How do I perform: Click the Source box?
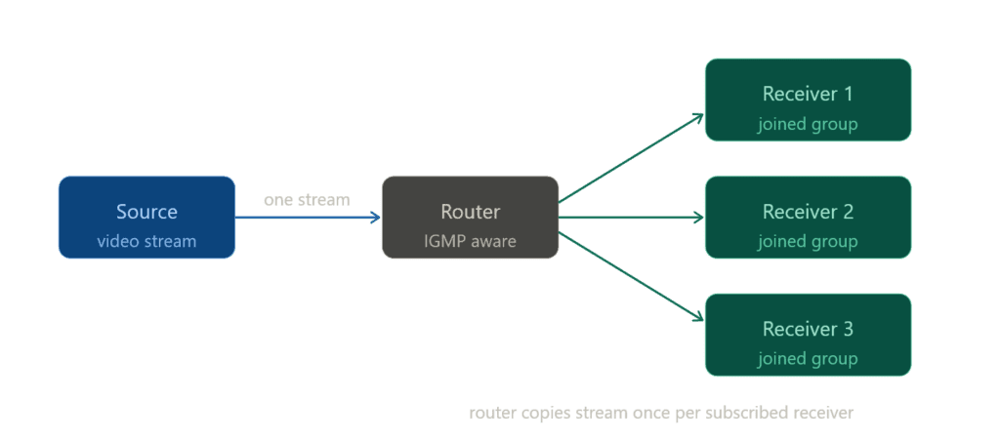[146, 218]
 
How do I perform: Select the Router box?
[470, 218]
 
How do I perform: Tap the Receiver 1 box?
[808, 100]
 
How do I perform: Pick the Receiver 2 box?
[808, 217]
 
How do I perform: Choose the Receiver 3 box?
[808, 335]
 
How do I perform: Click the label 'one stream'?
[307, 199]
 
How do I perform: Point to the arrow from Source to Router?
[308, 218]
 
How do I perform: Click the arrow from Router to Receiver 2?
[631, 218]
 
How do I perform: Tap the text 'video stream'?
[146, 241]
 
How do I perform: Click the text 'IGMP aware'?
[470, 241]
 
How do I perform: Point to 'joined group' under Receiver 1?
[808, 125]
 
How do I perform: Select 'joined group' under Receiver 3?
[808, 359]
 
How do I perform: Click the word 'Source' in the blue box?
[146, 212]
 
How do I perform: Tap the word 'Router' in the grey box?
[470, 212]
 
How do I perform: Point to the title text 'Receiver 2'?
[808, 212]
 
